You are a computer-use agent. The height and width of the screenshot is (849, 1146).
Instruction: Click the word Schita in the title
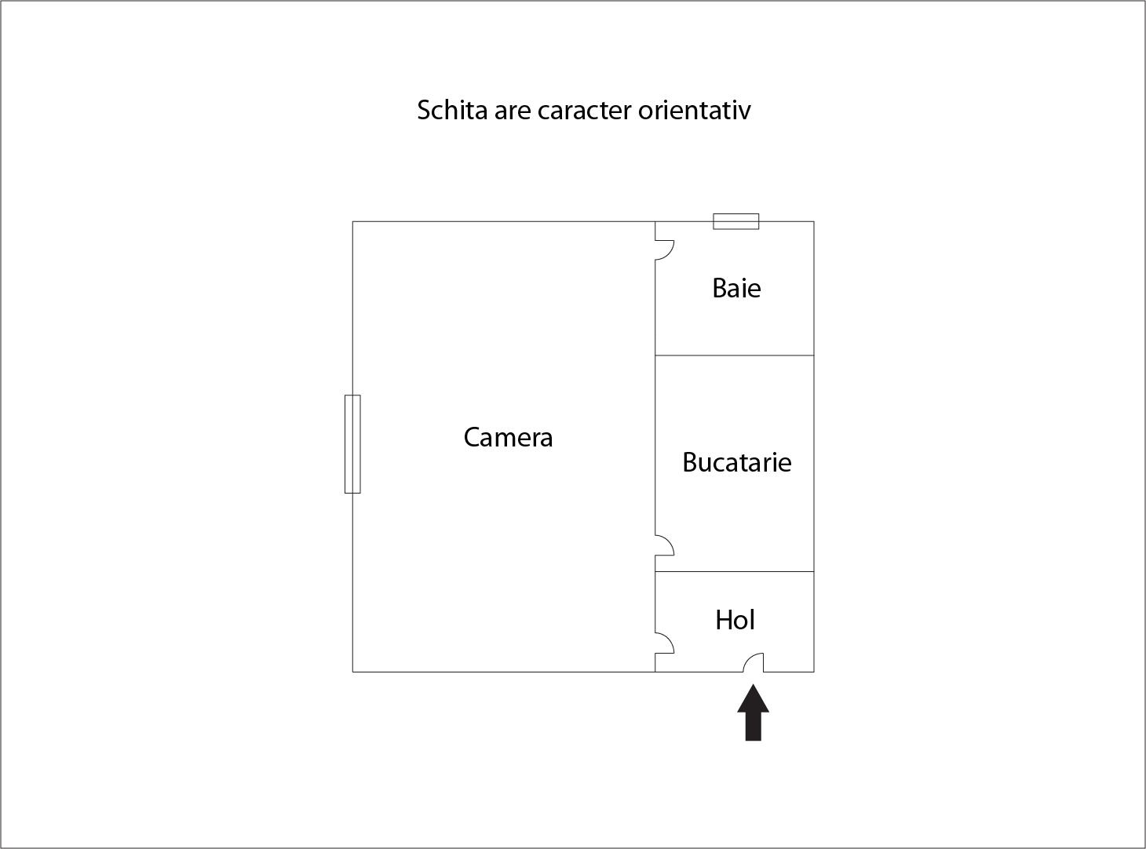(x=452, y=110)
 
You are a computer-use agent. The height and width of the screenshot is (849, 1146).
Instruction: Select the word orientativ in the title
(x=695, y=110)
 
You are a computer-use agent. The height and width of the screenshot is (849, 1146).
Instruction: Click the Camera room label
(x=508, y=437)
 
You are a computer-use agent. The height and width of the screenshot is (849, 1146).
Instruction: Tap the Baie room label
(x=736, y=288)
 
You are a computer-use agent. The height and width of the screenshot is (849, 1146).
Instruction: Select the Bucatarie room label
(x=737, y=462)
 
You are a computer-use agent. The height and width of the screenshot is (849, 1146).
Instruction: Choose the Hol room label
(x=735, y=620)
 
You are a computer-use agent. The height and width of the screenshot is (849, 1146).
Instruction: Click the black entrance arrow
(x=753, y=712)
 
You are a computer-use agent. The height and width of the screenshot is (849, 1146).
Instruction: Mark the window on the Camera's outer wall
(x=352, y=444)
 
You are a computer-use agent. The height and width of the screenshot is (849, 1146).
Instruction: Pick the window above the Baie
(x=735, y=221)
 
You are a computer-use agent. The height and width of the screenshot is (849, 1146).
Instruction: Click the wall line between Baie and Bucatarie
(x=734, y=355)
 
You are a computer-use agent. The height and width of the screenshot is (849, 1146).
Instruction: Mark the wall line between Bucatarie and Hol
(x=734, y=571)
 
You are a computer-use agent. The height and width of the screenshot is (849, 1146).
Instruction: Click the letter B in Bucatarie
(x=690, y=462)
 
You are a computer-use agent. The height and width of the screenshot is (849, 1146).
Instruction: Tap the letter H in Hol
(x=724, y=620)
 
